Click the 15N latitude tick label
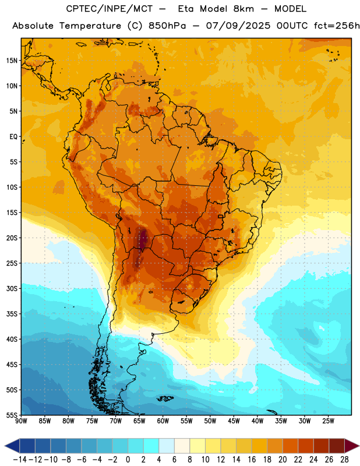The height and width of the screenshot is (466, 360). (x=12, y=61)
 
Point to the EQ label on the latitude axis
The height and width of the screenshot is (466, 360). (x=13, y=137)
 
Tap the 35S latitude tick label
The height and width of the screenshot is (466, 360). (x=12, y=314)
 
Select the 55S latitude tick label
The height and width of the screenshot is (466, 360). (x=12, y=415)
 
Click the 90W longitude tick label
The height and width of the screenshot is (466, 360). (x=22, y=421)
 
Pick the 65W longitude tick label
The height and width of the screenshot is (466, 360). (x=139, y=421)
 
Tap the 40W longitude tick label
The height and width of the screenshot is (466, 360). (x=257, y=421)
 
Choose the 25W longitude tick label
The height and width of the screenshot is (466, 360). (x=328, y=421)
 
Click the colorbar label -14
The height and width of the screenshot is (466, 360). (x=19, y=460)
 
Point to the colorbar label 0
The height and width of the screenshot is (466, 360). (x=128, y=460)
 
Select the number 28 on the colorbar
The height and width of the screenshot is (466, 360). (x=344, y=460)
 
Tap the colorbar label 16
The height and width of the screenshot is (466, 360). (x=252, y=460)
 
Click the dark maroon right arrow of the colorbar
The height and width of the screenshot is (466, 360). (x=352, y=446)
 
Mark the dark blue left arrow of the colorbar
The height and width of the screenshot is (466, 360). (x=12, y=446)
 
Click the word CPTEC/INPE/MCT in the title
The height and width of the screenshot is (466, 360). (x=109, y=9)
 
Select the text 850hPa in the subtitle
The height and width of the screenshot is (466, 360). (x=167, y=26)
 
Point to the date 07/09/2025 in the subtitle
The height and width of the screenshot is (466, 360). (x=238, y=26)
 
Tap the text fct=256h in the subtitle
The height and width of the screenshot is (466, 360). (x=337, y=26)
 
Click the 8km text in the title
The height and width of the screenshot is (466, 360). (x=243, y=9)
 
